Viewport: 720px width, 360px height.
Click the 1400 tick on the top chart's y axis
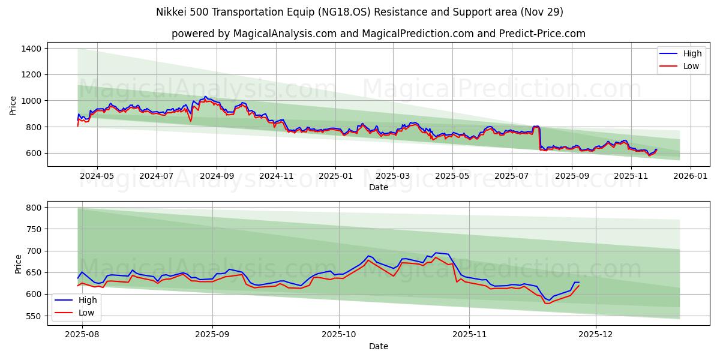coord(31,49)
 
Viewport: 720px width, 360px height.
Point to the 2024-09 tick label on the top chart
coord(216,176)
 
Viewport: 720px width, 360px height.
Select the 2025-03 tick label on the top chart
coord(393,176)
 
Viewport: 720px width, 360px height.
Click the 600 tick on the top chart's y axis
coord(33,153)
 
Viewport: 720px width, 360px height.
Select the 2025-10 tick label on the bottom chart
coord(339,335)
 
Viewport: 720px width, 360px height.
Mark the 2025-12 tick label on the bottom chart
coord(596,335)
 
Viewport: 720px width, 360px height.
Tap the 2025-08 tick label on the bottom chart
coord(82,335)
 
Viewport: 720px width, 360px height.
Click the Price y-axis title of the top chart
coord(13,106)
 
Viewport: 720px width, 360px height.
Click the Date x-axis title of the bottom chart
coord(378,346)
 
